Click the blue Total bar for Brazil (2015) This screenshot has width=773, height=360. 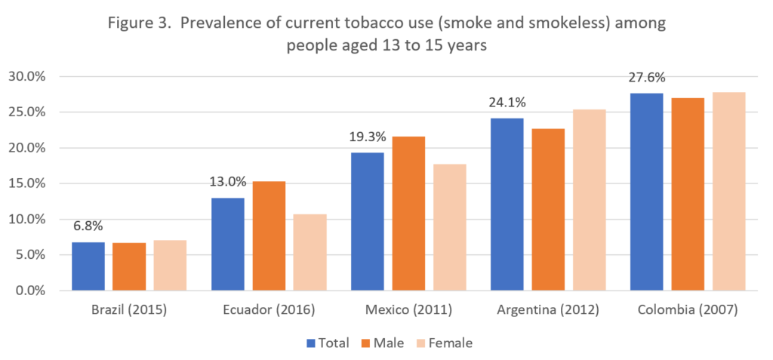88,266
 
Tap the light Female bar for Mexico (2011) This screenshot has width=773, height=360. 450,227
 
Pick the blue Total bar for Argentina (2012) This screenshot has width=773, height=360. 507,205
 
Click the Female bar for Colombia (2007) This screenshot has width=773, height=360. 729,192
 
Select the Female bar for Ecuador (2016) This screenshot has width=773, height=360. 310,252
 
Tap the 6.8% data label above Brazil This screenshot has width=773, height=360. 88,226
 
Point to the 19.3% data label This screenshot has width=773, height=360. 368,137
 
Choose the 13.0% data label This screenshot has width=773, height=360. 227,182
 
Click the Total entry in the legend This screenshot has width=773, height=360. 328,343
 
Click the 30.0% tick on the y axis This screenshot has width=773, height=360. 26,76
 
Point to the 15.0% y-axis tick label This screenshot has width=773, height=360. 26,183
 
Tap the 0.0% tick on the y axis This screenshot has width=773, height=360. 29,291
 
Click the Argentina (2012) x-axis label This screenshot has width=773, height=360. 547,310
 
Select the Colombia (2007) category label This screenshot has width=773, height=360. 687,310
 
